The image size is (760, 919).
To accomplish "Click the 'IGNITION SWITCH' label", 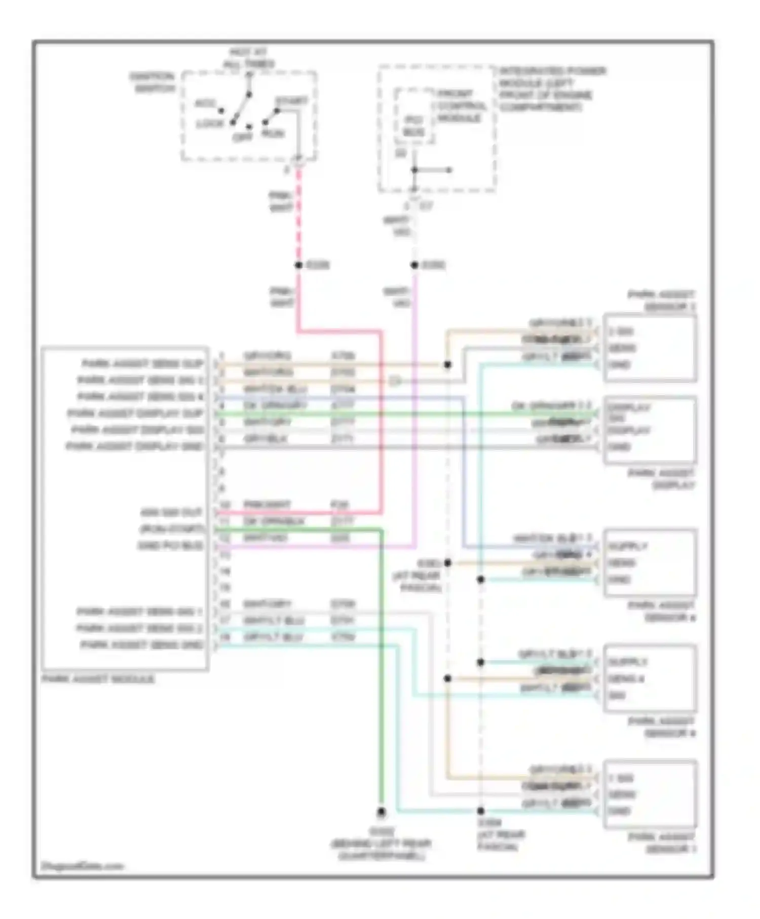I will pyautogui.click(x=152, y=82).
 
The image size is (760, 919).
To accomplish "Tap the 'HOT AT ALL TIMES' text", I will pyautogui.click(x=248, y=58).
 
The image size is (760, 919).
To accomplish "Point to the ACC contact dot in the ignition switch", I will pyautogui.click(x=221, y=110).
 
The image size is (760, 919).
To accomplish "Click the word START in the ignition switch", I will pyautogui.click(x=291, y=101).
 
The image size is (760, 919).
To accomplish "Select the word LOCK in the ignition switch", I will pyautogui.click(x=210, y=124).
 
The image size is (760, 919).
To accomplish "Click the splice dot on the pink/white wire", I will pyautogui.click(x=298, y=265).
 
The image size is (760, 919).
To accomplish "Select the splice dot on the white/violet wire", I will pyautogui.click(x=414, y=265).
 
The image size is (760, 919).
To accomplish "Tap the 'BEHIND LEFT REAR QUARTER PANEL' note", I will pyautogui.click(x=381, y=844).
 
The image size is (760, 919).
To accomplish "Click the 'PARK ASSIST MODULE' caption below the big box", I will pyautogui.click(x=98, y=679).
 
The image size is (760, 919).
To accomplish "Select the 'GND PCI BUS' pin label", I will pyautogui.click(x=170, y=546).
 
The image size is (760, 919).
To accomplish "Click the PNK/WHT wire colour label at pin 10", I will pyautogui.click(x=267, y=505).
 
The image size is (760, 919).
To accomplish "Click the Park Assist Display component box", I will pyautogui.click(x=650, y=430).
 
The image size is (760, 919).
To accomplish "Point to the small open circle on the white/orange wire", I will pyautogui.click(x=395, y=381).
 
